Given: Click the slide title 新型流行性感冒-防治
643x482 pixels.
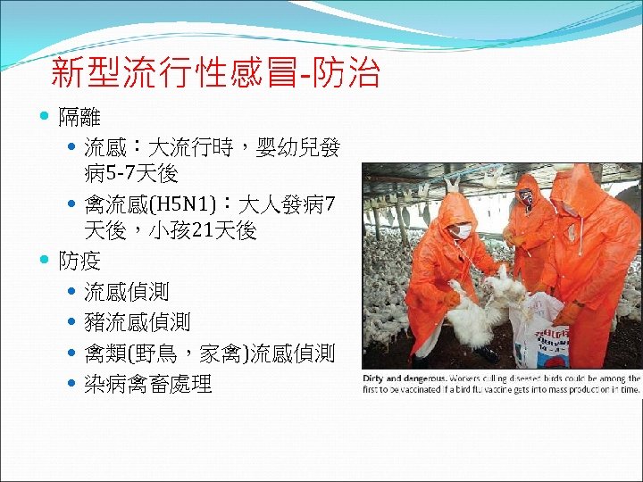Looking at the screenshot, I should [x=215, y=73].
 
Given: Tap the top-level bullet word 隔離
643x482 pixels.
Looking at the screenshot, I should [x=79, y=117].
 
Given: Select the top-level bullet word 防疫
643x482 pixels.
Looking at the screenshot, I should [x=79, y=262].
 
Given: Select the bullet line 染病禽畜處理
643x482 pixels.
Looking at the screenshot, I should [x=147, y=385].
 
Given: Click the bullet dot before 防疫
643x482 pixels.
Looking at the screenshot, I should [x=46, y=262].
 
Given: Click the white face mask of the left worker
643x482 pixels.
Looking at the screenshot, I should [x=463, y=231].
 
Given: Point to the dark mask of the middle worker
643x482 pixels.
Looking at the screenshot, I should [x=528, y=199].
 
